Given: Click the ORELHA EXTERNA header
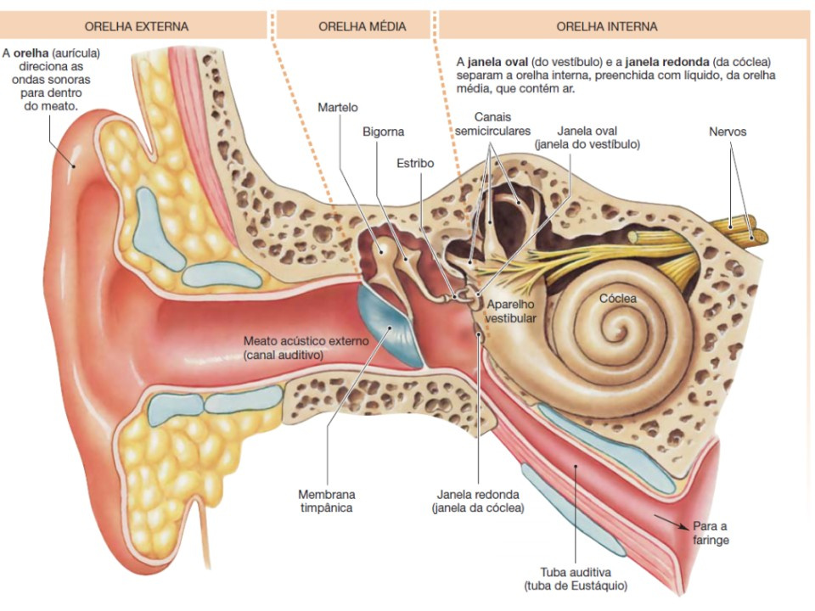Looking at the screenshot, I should click(143, 26).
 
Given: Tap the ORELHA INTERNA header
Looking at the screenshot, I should click(606, 26).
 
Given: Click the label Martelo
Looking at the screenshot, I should click(338, 108).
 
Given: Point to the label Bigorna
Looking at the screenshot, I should click(384, 132).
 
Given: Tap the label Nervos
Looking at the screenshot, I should click(728, 132).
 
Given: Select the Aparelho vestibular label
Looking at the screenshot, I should click(510, 311).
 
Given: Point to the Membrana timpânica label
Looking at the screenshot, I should click(327, 501).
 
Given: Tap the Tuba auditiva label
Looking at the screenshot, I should click(576, 579).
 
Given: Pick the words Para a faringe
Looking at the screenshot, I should click(711, 532).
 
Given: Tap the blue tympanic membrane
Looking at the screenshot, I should click(392, 327).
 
